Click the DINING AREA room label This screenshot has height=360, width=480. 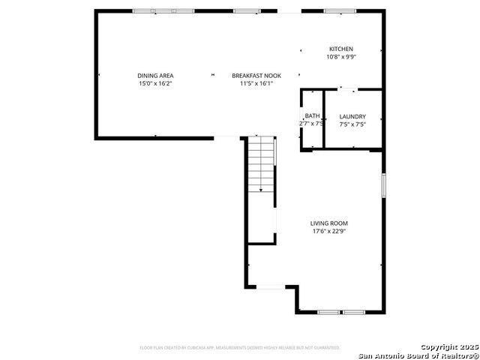pyautogui.click(x=155, y=75)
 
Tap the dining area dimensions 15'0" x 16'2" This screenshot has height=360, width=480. pyautogui.click(x=155, y=83)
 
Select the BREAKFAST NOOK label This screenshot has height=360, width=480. pyautogui.click(x=256, y=75)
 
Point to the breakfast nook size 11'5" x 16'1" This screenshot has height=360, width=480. pyautogui.click(x=256, y=83)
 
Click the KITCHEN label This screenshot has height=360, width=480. pyautogui.click(x=340, y=49)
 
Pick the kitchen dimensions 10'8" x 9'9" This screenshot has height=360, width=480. pyautogui.click(x=340, y=57)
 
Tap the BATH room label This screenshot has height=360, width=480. pyautogui.click(x=312, y=115)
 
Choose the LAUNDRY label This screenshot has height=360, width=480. pyautogui.click(x=352, y=116)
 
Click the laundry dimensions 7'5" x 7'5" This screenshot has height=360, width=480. pyautogui.click(x=352, y=124)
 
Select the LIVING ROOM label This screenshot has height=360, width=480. pyautogui.click(x=329, y=223)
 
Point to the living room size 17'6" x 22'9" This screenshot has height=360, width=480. pyautogui.click(x=329, y=231)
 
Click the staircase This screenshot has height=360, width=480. pyautogui.click(x=261, y=164)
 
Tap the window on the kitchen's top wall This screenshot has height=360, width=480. pyautogui.click(x=340, y=11)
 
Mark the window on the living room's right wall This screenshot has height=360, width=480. pyautogui.click(x=383, y=185)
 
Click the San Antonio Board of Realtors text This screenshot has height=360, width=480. pyautogui.click(x=418, y=355)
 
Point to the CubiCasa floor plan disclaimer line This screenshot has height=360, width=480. pyautogui.click(x=240, y=348)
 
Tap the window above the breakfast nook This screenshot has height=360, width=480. pyautogui.click(x=245, y=11)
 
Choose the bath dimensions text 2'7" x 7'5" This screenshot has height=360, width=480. pyautogui.click(x=311, y=124)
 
